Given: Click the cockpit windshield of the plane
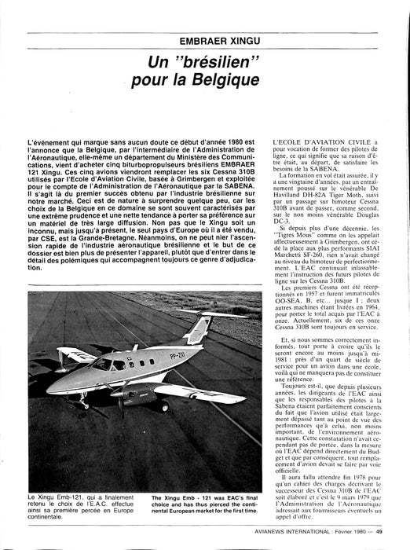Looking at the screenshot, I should pyautogui.click(x=101, y=364).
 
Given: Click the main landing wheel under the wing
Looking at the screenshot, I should pyautogui.click(x=162, y=406).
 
